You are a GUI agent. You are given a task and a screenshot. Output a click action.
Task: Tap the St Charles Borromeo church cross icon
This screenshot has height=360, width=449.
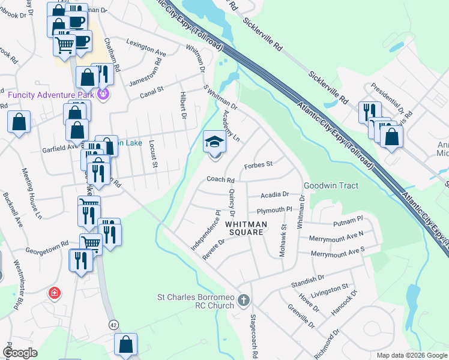243,299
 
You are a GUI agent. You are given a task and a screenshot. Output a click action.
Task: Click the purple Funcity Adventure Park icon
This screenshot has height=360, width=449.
103,94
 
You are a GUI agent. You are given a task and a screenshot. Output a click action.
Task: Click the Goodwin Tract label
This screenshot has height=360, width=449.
331,185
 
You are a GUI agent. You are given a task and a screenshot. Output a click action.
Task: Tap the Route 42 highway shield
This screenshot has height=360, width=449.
114,325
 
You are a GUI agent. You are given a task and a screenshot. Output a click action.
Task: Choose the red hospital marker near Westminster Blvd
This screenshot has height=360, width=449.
54,293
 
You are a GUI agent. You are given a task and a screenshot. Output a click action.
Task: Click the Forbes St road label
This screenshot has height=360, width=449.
259,164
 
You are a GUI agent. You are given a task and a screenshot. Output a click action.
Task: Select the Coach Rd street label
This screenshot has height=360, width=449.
220,179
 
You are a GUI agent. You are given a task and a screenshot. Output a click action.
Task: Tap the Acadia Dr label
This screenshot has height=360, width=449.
275,195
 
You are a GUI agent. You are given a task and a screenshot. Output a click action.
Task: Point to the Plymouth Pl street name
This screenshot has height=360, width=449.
274,210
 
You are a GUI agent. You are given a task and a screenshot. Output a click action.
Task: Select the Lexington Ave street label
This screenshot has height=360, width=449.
147,47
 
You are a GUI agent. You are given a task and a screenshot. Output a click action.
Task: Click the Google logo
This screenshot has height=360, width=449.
20,353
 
